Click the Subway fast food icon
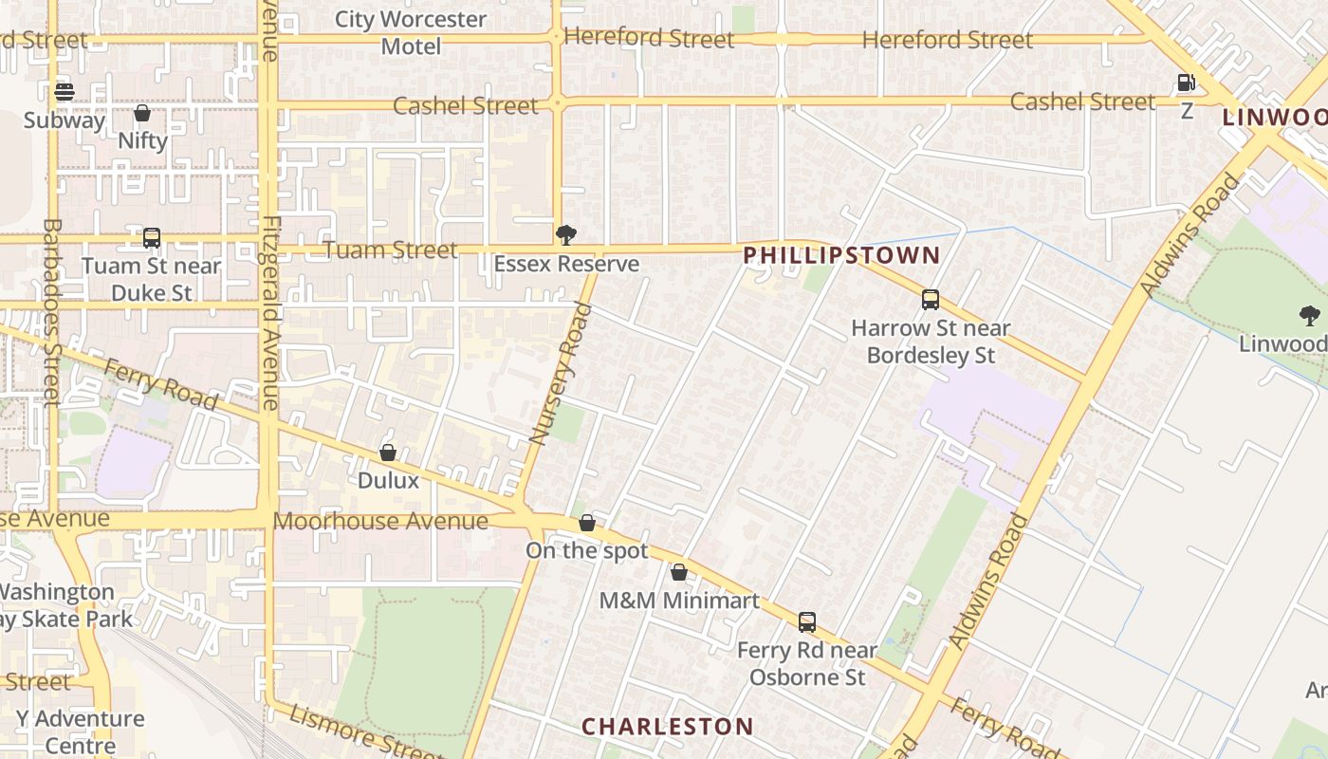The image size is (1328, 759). [65, 92]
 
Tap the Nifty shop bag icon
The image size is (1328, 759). [142, 113]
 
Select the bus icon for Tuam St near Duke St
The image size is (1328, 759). [152, 237]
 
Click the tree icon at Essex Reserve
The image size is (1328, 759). [566, 234]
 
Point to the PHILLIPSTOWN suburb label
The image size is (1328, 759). [841, 255]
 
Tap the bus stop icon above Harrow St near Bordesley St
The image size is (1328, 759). [931, 300]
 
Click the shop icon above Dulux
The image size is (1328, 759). [388, 453]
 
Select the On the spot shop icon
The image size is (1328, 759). [587, 523]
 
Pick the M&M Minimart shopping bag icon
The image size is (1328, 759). [679, 572]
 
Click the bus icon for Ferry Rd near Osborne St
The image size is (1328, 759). [807, 622]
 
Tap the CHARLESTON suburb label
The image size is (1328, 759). [668, 727]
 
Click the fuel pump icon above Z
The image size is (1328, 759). [1186, 83]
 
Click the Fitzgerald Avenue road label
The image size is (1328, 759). [270, 313]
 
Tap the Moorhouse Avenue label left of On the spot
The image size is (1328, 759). [380, 521]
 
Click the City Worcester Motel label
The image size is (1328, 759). [411, 32]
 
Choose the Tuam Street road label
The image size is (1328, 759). [390, 250]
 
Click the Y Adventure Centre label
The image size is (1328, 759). [81, 731]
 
